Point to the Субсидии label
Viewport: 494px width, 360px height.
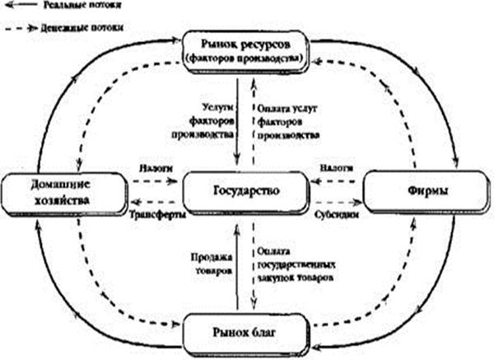pos(333,213)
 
